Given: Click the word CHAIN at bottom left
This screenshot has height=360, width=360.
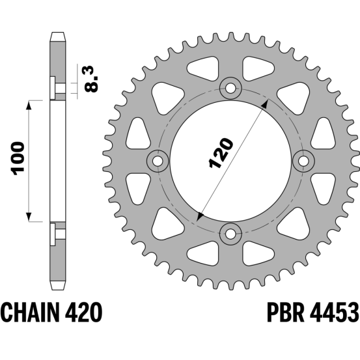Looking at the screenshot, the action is pyautogui.click(x=30, y=312).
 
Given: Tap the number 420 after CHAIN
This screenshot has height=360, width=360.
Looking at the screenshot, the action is pyautogui.click(x=83, y=312).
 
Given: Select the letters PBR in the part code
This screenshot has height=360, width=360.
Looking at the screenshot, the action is pyautogui.click(x=286, y=312).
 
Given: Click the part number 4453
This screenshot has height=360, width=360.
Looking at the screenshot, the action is pyautogui.click(x=334, y=312).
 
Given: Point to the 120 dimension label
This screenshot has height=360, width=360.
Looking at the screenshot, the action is pyautogui.click(x=221, y=153).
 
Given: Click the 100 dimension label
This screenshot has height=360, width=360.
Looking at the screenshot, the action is pyautogui.click(x=18, y=159).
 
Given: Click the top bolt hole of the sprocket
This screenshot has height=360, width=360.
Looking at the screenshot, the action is pyautogui.click(x=230, y=88).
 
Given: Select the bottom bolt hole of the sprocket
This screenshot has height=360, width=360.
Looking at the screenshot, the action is pyautogui.click(x=230, y=234).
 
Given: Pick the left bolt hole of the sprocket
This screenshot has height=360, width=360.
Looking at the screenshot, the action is pyautogui.click(x=158, y=161).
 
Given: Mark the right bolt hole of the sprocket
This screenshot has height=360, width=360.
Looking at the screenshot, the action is pyautogui.click(x=303, y=161).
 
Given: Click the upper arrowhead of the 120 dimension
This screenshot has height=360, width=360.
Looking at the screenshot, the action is pyautogui.click(x=265, y=104).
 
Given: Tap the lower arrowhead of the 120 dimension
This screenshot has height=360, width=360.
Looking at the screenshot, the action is pyautogui.click(x=201, y=217).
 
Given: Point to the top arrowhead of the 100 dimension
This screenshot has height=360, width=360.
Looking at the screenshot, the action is pyautogui.click(x=29, y=105).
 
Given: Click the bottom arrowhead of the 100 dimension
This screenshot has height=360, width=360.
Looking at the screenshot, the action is pyautogui.click(x=29, y=217).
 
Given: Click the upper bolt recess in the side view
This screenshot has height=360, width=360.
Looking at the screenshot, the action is pyautogui.click(x=58, y=89).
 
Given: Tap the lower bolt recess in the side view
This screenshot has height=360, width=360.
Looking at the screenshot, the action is pyautogui.click(x=58, y=234).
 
